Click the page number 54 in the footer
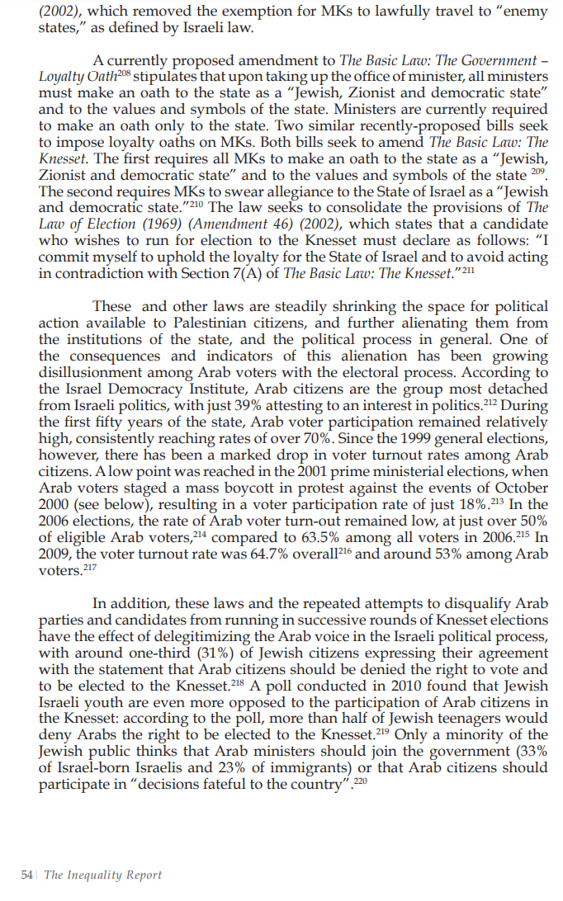(26, 875)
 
